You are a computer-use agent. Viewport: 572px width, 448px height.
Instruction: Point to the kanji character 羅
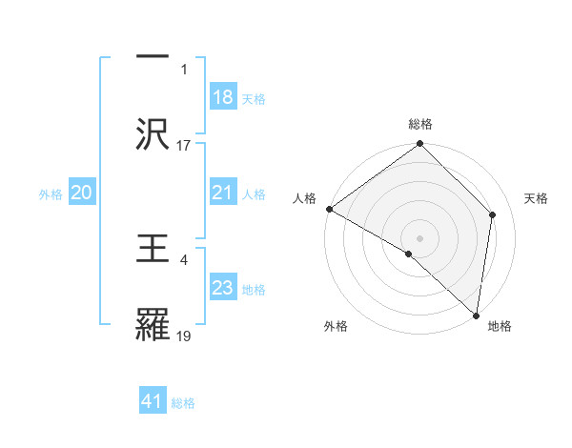click(x=156, y=326)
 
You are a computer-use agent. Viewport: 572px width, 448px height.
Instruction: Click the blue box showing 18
click(x=222, y=97)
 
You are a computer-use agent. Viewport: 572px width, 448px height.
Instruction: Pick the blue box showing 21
click(x=222, y=193)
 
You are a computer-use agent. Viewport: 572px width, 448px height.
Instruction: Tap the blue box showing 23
click(x=222, y=289)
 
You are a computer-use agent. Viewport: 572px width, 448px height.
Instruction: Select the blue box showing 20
click(x=81, y=193)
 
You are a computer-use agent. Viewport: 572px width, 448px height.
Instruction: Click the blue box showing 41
click(x=153, y=402)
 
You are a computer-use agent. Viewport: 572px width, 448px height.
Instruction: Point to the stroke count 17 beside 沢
click(x=184, y=145)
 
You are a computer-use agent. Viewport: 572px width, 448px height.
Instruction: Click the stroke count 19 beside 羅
click(x=184, y=336)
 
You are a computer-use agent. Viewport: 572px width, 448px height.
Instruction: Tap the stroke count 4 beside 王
click(x=183, y=259)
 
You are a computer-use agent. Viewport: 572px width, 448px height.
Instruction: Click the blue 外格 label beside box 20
click(x=51, y=194)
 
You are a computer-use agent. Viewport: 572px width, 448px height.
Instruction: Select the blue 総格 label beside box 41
click(x=183, y=403)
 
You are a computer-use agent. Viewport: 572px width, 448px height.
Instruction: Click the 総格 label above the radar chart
click(x=420, y=124)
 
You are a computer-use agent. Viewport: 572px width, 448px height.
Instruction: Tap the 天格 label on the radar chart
click(x=537, y=198)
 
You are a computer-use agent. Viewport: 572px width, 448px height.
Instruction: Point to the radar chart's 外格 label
click(x=336, y=326)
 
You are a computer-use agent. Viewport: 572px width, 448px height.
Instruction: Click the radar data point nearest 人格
click(x=329, y=209)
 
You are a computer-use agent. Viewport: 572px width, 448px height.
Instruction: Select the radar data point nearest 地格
click(x=475, y=316)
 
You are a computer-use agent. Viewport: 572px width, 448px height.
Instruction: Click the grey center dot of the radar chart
click(x=420, y=237)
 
